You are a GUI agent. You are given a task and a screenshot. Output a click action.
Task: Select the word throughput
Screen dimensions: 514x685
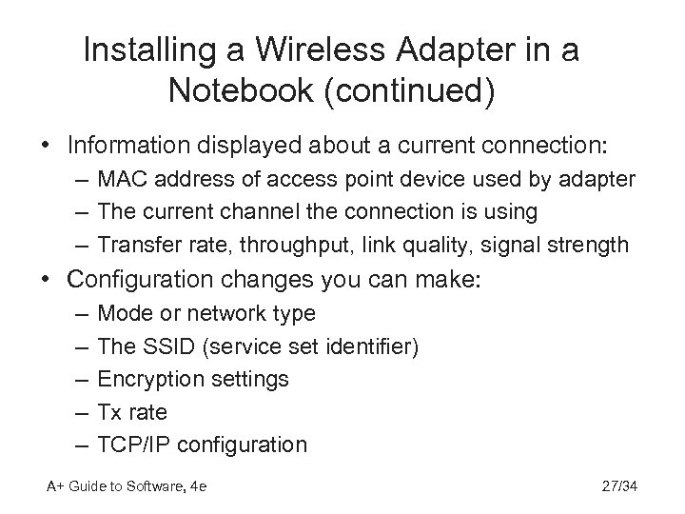(x=288, y=245)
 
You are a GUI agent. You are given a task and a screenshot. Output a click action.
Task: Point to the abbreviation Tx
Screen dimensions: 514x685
(x=110, y=411)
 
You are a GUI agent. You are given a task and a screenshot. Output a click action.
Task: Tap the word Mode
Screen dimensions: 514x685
(x=122, y=312)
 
